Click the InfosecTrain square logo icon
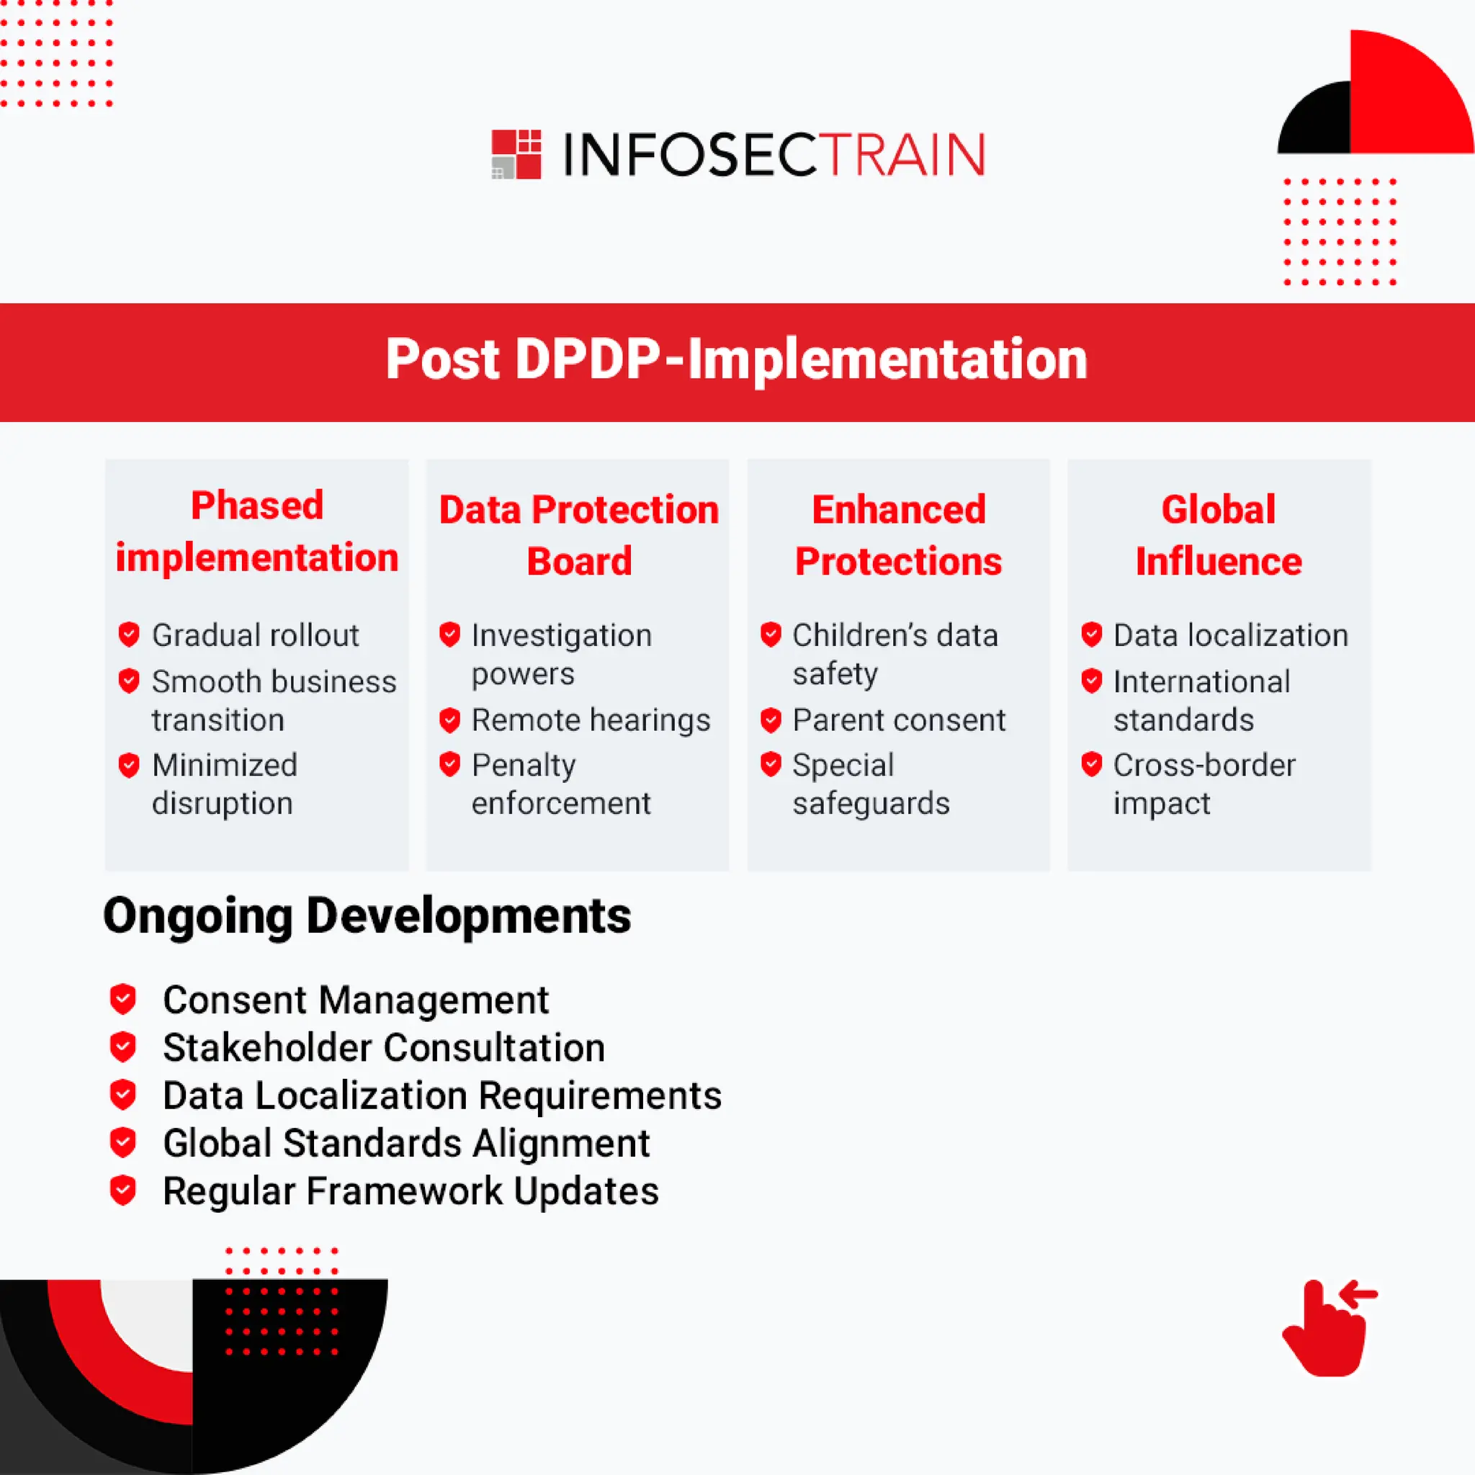(x=516, y=154)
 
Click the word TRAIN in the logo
(x=905, y=155)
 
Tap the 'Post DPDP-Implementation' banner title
(x=736, y=359)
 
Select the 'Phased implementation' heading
(x=257, y=532)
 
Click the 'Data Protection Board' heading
(x=579, y=535)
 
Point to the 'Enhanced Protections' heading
(x=898, y=535)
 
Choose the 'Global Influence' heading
(x=1219, y=535)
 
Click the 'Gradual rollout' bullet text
(x=255, y=635)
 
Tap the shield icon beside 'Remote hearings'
(x=449, y=720)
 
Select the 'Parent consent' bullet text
(x=899, y=720)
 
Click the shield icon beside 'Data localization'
(x=1092, y=635)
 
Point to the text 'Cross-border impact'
(x=1203, y=784)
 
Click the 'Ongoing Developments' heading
(x=367, y=915)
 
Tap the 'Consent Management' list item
(x=356, y=1000)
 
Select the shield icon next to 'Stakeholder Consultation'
(x=123, y=1047)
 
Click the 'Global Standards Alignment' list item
(x=406, y=1144)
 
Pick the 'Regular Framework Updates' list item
(x=411, y=1191)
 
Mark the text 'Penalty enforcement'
(x=560, y=784)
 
